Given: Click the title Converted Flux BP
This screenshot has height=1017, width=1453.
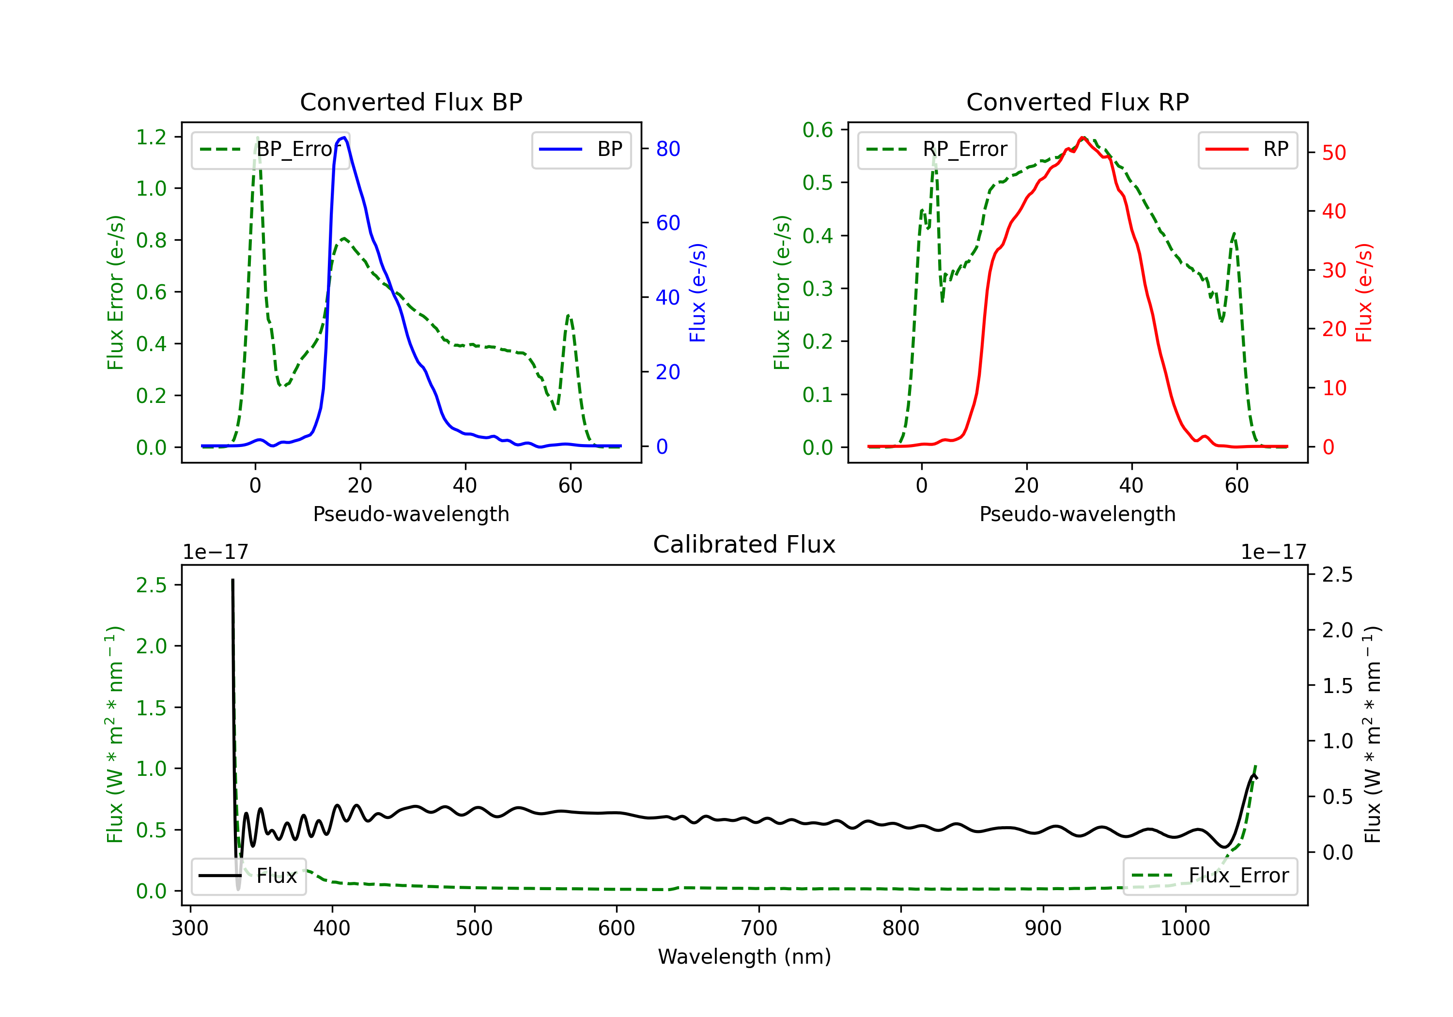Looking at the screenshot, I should (411, 102).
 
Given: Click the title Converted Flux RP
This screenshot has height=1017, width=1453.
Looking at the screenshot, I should (1077, 102).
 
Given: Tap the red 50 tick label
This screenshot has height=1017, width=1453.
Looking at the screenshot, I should (1334, 153).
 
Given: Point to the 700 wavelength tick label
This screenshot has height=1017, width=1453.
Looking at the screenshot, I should (759, 928).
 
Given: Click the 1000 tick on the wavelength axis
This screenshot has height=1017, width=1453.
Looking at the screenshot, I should (1185, 928).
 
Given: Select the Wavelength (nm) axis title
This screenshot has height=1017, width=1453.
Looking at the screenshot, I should (744, 956).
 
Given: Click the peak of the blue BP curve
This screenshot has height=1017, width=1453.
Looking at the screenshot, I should (343, 138).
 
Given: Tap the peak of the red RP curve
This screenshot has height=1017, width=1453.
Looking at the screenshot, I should (1083, 138).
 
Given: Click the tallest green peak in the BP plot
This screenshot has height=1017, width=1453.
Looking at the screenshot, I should (257, 138).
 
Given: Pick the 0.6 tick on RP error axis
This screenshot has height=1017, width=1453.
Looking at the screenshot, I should (818, 130).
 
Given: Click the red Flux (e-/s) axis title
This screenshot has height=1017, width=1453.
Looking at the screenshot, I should (1364, 293).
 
